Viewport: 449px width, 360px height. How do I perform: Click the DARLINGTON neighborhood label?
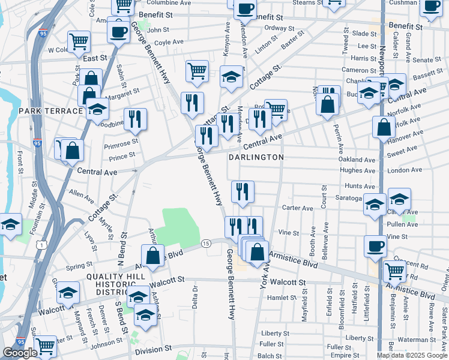point(256,157)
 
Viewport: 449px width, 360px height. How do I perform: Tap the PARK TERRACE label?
point(50,112)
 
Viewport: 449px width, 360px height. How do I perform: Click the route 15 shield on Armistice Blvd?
point(206,243)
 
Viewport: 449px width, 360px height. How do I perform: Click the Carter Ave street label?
point(297,208)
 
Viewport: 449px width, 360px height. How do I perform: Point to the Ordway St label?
point(279,28)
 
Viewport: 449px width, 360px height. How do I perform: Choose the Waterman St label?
point(412,340)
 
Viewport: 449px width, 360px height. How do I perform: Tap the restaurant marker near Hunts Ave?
point(243,191)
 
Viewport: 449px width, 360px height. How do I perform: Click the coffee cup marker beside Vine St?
point(376,245)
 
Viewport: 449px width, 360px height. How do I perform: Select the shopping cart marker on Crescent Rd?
point(394,271)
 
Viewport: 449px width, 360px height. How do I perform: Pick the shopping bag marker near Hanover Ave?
point(384,127)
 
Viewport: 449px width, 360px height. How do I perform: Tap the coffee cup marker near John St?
point(119,30)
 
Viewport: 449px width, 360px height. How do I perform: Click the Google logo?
point(20,353)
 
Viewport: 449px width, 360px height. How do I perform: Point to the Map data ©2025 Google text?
point(412,355)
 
